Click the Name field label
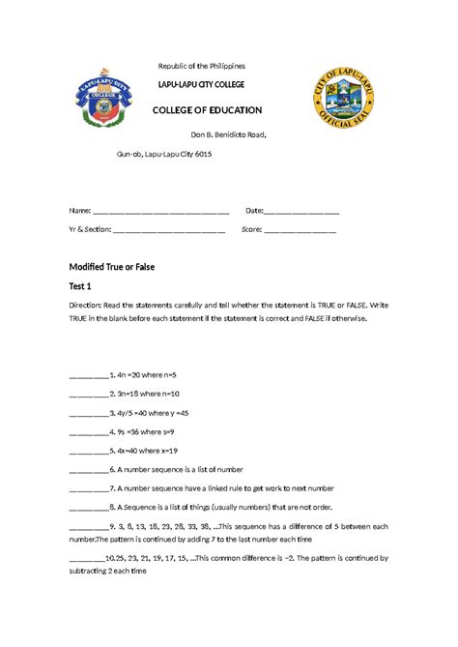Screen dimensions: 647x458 (x=75, y=211)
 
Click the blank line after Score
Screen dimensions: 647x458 (x=301, y=231)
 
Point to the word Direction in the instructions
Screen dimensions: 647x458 (x=88, y=304)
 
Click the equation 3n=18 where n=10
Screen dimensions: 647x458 (x=145, y=394)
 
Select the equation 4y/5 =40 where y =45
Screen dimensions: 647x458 (x=150, y=412)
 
